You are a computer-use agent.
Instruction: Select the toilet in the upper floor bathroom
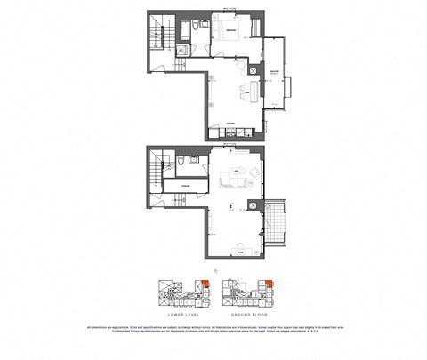[x=178, y=51]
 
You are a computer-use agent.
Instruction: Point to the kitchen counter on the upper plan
[x=232, y=133]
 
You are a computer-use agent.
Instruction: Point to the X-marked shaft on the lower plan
[x=254, y=206]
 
